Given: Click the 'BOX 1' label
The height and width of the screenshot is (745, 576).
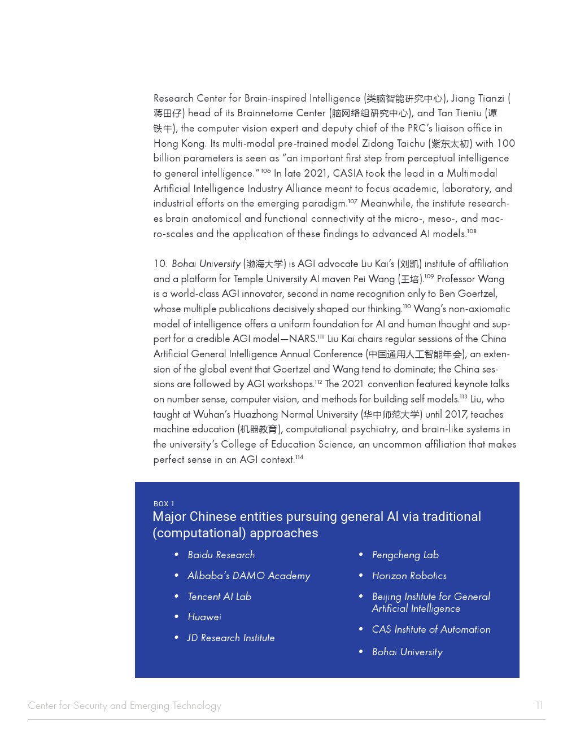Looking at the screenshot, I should (164, 503).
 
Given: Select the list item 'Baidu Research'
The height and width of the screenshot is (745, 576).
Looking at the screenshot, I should (221, 555).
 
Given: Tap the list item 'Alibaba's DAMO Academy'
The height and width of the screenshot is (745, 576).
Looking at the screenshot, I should (248, 576).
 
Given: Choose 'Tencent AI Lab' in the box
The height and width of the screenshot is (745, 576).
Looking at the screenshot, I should (219, 597).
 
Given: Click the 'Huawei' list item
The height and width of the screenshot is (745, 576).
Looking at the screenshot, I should (204, 617).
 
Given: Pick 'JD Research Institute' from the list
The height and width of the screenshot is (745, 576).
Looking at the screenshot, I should (230, 638).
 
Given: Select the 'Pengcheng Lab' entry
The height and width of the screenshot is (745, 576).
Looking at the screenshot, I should (405, 555).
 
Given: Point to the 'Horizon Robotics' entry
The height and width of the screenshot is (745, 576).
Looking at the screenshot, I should (409, 576).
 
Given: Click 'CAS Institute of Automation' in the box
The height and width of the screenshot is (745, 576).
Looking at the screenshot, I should (431, 629).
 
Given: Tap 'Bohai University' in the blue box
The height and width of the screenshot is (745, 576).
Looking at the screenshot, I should (407, 652).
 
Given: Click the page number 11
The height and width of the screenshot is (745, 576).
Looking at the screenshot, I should (539, 705).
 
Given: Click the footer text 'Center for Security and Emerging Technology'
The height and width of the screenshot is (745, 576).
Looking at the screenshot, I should (124, 705).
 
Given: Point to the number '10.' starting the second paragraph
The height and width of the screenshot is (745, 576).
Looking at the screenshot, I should (160, 264).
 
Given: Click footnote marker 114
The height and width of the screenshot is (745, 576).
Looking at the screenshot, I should (299, 457).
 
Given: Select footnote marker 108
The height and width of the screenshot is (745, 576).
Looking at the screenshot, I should (472, 231).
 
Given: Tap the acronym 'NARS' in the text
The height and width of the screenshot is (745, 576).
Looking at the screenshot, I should (302, 339).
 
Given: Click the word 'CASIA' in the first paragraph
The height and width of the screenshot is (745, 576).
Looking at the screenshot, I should (348, 173).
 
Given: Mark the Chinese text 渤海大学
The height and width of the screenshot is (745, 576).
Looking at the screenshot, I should (265, 264).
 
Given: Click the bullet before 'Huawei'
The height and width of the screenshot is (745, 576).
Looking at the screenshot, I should (177, 617).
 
